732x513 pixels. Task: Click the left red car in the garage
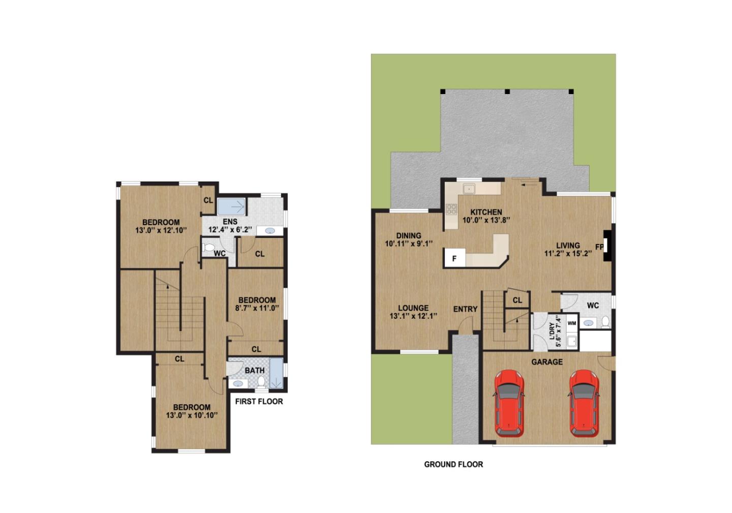click(509, 403)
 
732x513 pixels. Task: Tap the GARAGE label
click(546, 362)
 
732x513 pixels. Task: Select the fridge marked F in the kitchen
click(454, 258)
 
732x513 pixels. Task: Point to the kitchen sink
click(468, 189)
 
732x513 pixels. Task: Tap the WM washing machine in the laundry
click(572, 323)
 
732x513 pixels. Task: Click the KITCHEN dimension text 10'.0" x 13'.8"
click(486, 220)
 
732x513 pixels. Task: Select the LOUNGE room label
click(413, 308)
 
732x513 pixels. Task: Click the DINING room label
click(409, 235)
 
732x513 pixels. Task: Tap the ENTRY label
click(465, 309)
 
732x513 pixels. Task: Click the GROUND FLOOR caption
click(453, 464)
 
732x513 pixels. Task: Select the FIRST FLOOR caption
click(259, 401)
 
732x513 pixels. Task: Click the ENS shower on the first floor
click(232, 206)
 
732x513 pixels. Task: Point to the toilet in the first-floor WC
click(208, 248)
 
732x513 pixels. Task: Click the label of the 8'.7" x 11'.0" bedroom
click(257, 300)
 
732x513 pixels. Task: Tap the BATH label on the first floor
click(254, 371)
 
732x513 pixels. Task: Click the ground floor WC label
click(593, 306)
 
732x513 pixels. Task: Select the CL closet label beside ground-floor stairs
click(517, 300)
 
